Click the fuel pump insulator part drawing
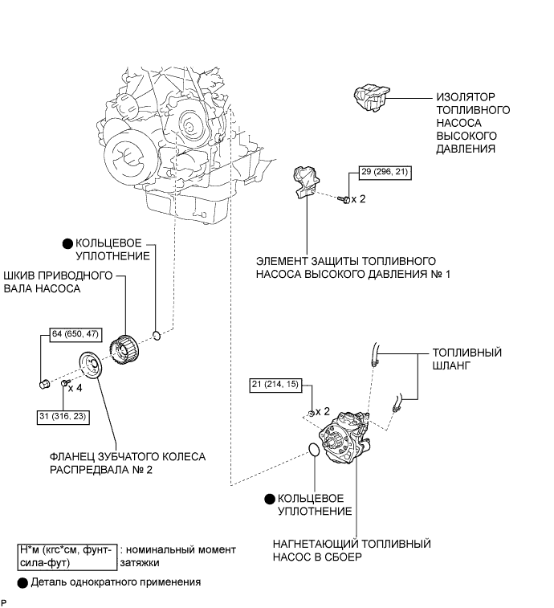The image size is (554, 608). tap(371, 97)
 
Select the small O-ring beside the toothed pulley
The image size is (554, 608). tap(157, 336)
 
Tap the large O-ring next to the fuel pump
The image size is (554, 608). tap(314, 450)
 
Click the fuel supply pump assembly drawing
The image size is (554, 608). tap(344, 438)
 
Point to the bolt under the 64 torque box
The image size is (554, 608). tap(45, 384)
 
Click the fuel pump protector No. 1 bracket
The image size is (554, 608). tap(306, 182)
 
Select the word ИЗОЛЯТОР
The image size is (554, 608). tap(466, 97)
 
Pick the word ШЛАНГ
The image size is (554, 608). tap(451, 365)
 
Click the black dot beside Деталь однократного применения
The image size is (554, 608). tap(22, 583)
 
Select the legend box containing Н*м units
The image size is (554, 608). tap(67, 557)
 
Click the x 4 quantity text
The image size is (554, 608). tap(75, 388)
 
